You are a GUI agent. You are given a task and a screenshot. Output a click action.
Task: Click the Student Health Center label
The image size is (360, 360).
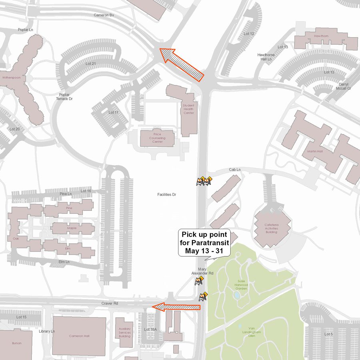(x=188, y=109)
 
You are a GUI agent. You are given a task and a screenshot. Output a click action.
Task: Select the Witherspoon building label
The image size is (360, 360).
(x=12, y=78)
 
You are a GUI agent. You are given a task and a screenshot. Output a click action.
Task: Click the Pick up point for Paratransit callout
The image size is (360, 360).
(x=204, y=243)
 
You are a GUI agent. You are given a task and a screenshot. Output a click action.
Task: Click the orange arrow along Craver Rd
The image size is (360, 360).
(x=176, y=307)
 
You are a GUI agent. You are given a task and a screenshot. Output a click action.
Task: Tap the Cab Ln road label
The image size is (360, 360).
(x=235, y=170)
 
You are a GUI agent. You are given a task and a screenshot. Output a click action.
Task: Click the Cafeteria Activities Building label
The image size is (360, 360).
(x=271, y=228)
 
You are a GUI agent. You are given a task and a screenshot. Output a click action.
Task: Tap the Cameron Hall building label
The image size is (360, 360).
(x=79, y=336)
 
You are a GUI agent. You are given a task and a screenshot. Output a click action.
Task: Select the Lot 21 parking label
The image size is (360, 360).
(x=91, y=64)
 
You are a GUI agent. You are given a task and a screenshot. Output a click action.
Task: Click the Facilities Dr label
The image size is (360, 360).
(x=167, y=194)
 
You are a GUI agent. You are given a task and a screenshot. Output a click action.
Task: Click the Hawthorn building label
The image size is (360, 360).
(x=321, y=36)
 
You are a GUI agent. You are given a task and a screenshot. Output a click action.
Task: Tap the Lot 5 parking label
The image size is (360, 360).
(x=328, y=334)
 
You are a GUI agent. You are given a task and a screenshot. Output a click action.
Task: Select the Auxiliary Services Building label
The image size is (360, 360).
(x=125, y=332)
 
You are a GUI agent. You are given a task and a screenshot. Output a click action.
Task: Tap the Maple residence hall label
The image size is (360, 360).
(x=72, y=228)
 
